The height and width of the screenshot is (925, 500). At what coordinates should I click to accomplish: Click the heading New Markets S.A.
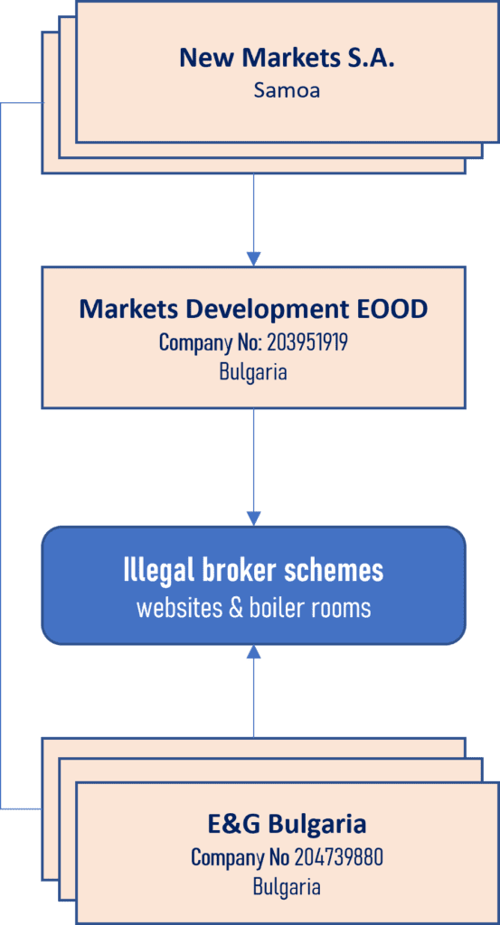point(287,58)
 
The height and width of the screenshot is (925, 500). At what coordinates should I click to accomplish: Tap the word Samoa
point(287,89)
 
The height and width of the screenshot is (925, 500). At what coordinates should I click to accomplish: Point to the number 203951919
point(307,342)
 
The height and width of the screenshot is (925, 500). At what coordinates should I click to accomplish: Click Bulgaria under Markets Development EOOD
point(253,372)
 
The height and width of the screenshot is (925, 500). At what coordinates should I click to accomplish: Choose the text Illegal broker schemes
point(253,571)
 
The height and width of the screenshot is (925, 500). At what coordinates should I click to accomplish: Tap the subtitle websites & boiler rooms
point(253,608)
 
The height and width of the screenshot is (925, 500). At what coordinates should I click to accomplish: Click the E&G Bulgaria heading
point(287,824)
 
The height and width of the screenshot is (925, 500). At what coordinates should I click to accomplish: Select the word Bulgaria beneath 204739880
point(287,886)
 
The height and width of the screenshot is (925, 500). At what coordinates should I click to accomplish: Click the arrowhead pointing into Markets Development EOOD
point(253,258)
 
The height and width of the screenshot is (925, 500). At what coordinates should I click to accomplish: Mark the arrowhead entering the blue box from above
point(253,518)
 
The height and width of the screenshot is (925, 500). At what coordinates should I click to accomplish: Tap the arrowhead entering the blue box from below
point(253,652)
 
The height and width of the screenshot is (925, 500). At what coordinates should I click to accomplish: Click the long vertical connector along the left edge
point(1,455)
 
